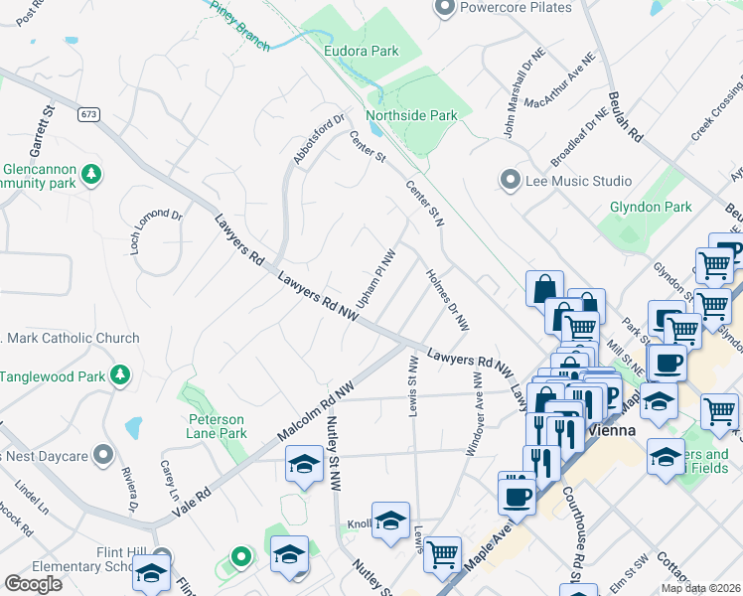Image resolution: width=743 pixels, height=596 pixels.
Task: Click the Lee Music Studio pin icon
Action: (x=511, y=181)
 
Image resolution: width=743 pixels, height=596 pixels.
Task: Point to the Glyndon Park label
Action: (x=650, y=207)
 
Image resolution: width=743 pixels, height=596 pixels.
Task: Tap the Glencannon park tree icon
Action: (x=91, y=175)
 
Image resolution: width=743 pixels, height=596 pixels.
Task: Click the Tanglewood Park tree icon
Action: (x=120, y=375)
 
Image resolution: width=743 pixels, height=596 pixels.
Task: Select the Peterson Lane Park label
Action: (x=218, y=426)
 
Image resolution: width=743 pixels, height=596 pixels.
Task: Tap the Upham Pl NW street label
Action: (x=377, y=277)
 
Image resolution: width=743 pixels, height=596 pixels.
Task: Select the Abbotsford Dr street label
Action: (x=317, y=141)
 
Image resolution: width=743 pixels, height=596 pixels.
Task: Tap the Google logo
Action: (x=33, y=584)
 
